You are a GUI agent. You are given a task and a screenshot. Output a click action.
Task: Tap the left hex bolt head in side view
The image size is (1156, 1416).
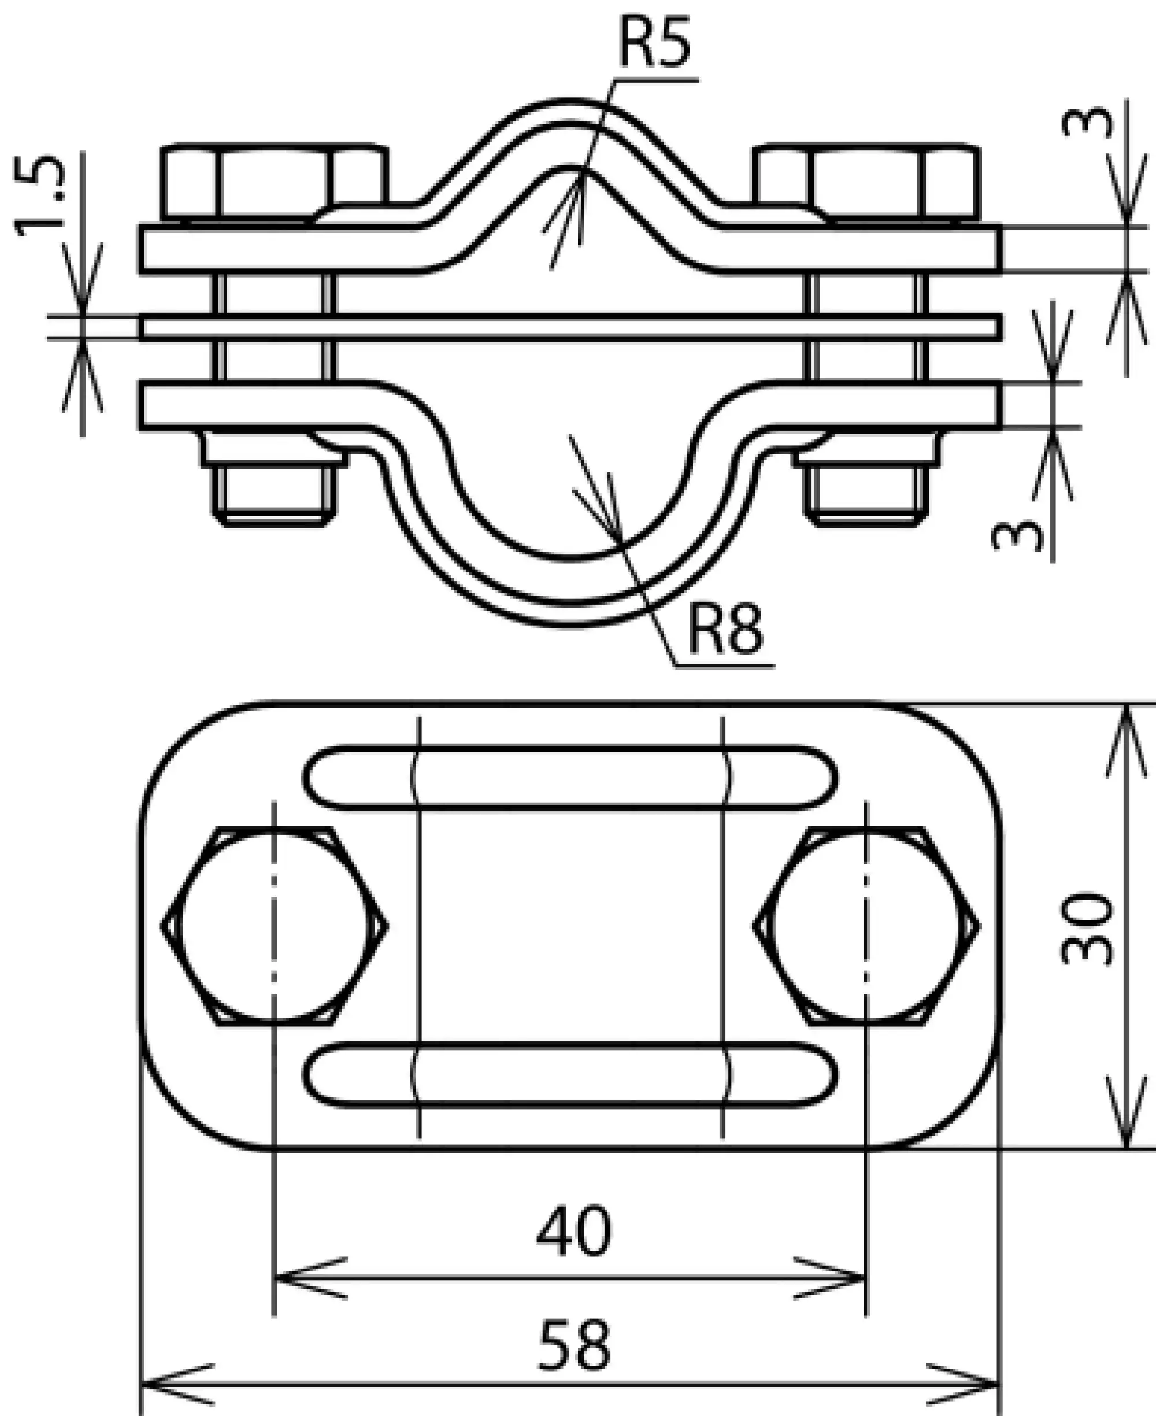pos(275,182)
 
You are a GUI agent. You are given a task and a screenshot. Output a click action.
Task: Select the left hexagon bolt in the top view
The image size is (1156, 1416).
pos(275,926)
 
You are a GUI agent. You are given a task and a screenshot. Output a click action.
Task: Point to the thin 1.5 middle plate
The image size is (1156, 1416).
pos(570,328)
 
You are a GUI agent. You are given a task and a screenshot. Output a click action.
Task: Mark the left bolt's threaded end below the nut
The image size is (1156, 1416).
pos(275,496)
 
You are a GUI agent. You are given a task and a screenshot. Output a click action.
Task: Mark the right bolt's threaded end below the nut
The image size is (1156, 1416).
pos(866,496)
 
